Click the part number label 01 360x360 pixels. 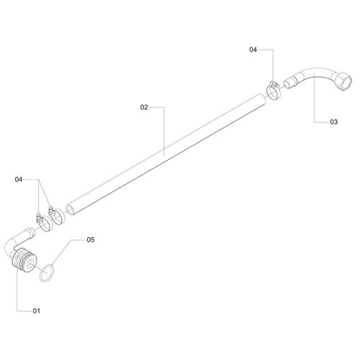[x=37, y=311]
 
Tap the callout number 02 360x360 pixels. [x=144, y=107]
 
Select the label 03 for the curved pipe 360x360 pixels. [x=333, y=122]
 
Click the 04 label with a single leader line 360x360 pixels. [x=253, y=50]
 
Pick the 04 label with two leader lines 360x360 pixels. [x=19, y=179]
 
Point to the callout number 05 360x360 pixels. [x=91, y=240]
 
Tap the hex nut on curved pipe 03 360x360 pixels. [x=343, y=81]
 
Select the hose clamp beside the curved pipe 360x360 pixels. [x=274, y=91]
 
